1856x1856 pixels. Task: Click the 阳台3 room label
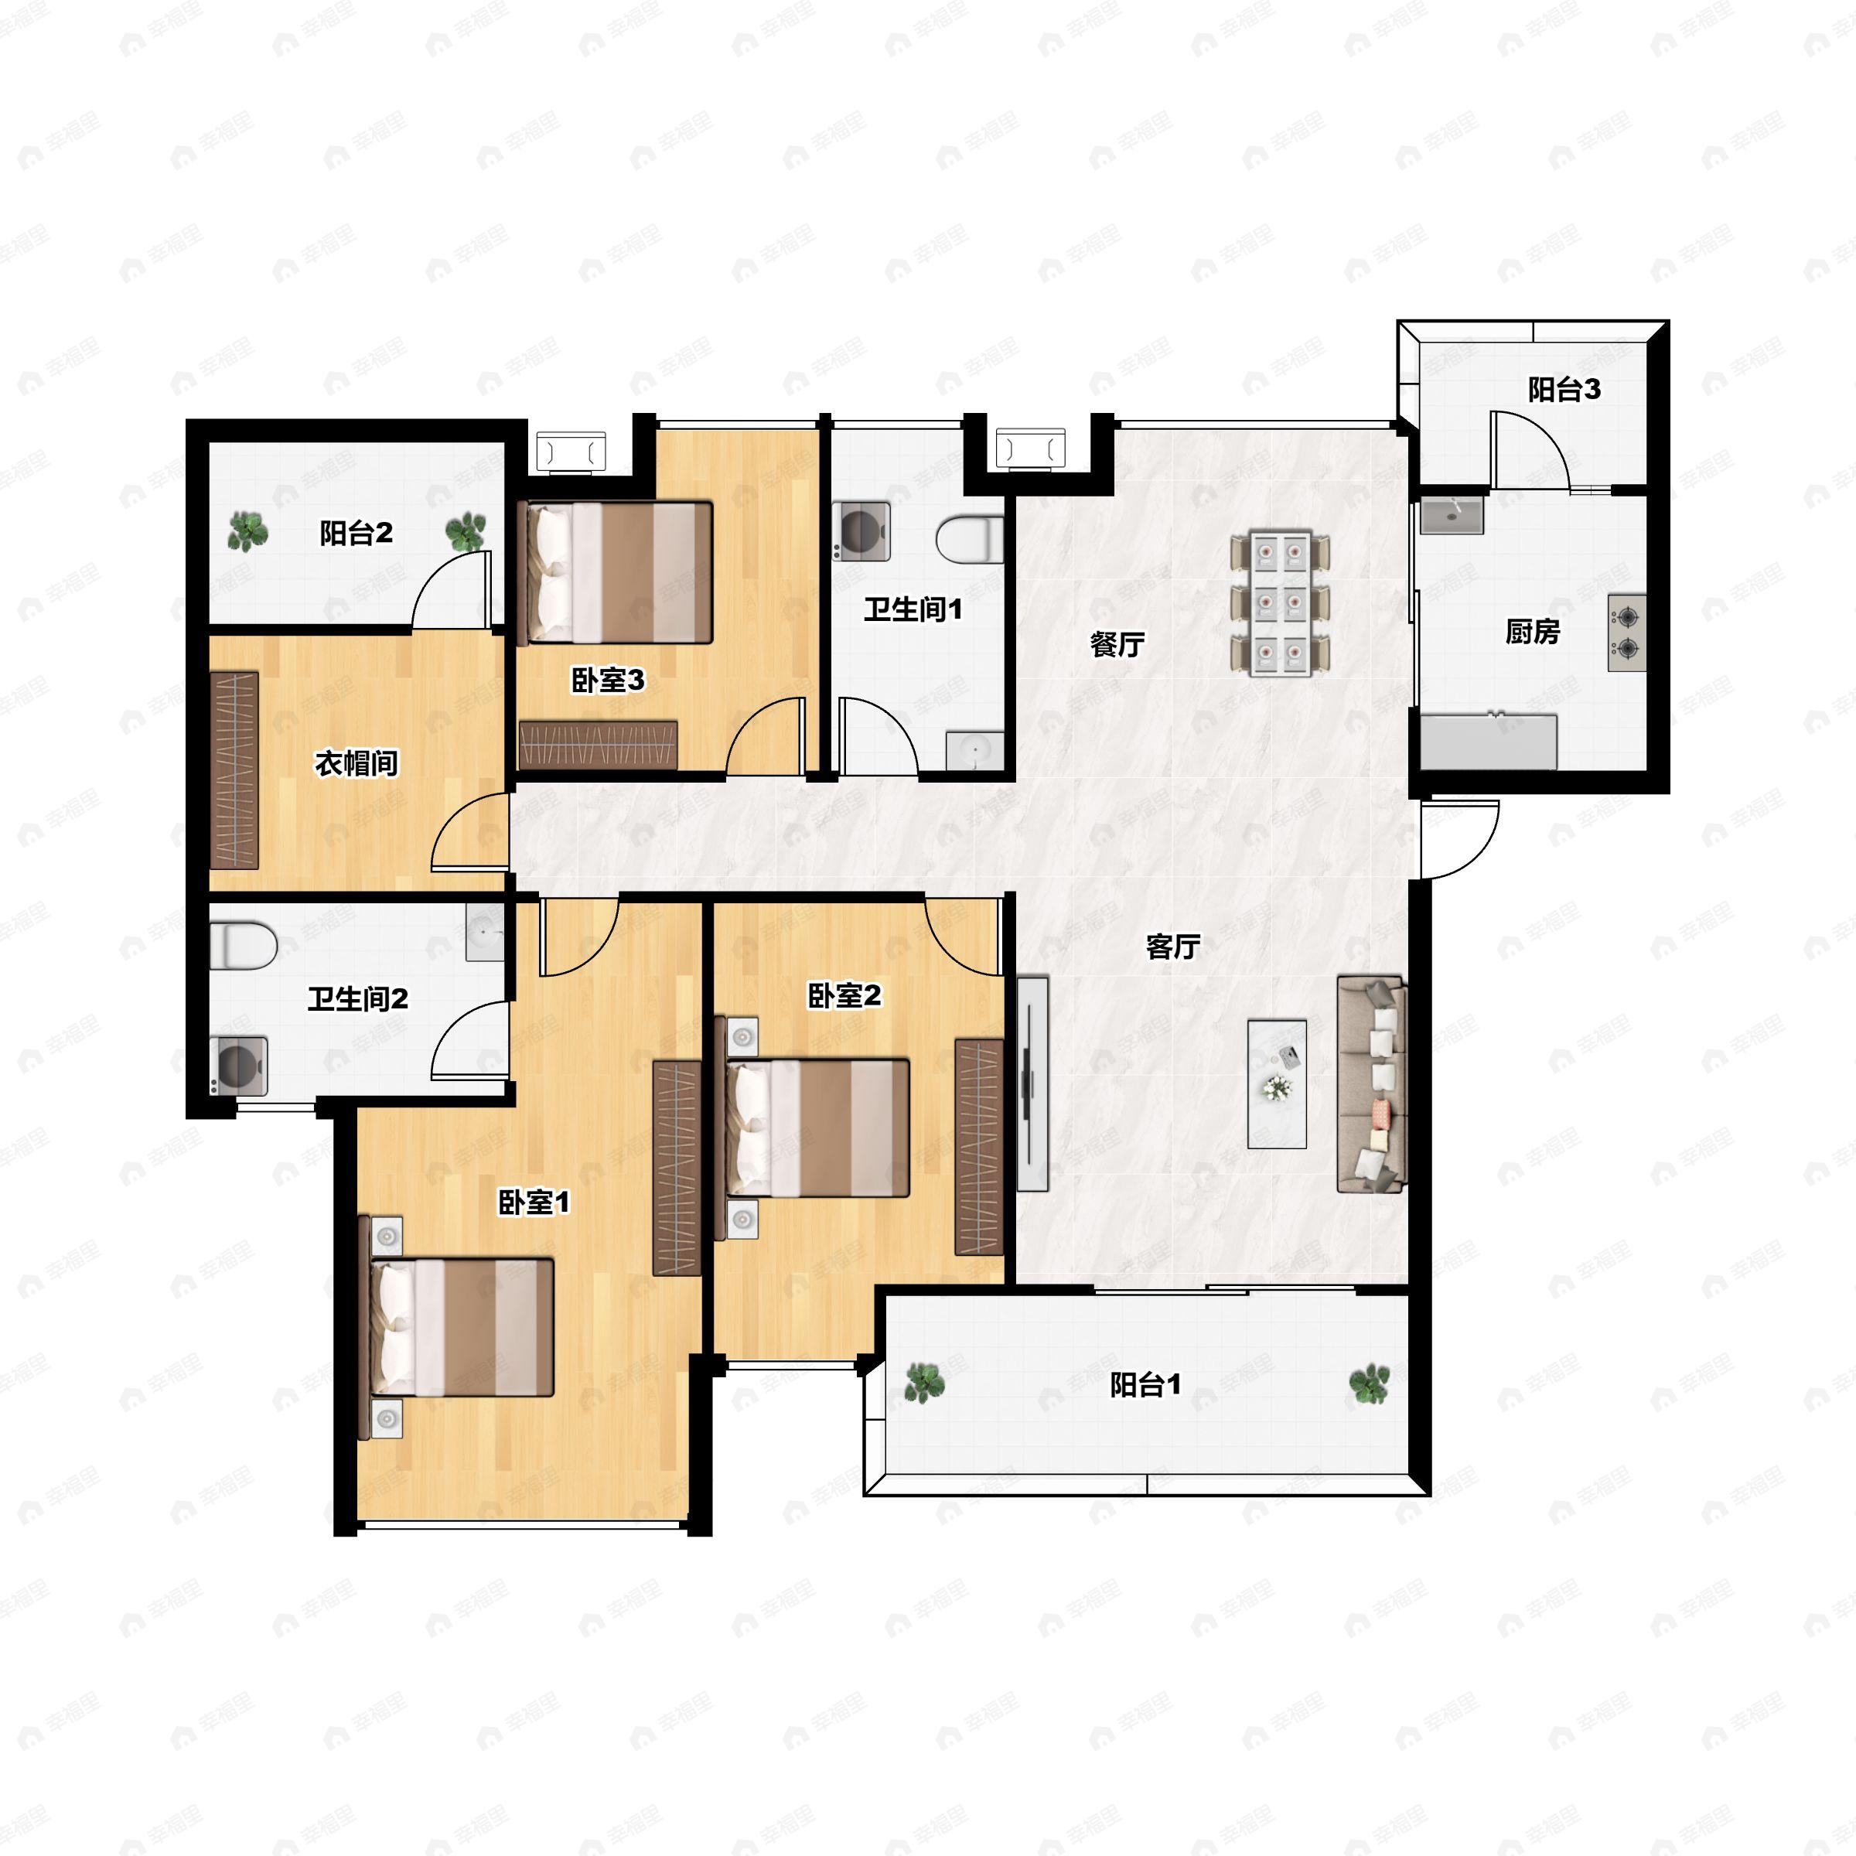[x=1564, y=389]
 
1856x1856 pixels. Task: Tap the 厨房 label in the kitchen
[x=1532, y=631]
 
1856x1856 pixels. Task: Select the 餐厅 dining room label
[x=1117, y=643]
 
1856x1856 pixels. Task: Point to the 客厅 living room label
[x=1173, y=947]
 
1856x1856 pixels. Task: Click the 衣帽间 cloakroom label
[x=357, y=764]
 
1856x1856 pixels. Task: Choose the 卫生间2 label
[x=357, y=999]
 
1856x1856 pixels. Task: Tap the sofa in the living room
[x=1372, y=1084]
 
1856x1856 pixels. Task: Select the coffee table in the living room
[x=1277, y=1083]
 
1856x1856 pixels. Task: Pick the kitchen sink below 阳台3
[x=1452, y=515]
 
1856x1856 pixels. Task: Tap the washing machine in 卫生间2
[x=238, y=1066]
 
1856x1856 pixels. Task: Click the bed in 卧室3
[x=615, y=572]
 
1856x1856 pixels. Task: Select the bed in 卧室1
[x=457, y=1328]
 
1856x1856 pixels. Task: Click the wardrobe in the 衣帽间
[x=234, y=770]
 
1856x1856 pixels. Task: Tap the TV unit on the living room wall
[x=1032, y=1083]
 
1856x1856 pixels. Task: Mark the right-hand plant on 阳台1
[x=1369, y=1383]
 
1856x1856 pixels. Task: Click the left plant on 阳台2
[x=247, y=531]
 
